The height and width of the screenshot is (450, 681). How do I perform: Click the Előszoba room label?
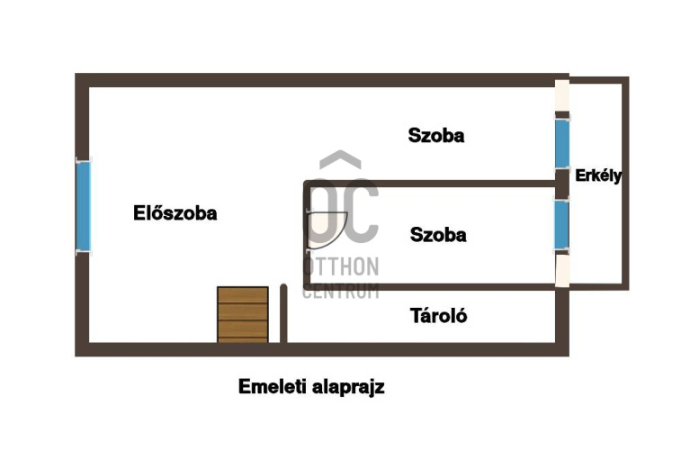tap(175, 214)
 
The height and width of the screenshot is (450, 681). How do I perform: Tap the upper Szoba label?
tap(436, 137)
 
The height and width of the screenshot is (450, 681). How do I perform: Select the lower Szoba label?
tap(438, 235)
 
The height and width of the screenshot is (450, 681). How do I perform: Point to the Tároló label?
tap(438, 316)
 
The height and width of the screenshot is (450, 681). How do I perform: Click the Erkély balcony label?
tap(598, 176)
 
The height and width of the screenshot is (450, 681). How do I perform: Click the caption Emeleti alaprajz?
tap(311, 387)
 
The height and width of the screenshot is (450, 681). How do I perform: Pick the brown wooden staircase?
tap(243, 314)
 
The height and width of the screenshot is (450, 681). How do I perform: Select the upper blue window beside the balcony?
tap(562, 142)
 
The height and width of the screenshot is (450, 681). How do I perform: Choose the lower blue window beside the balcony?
tap(561, 224)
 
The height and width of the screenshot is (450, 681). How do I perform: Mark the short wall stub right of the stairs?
tap(283, 313)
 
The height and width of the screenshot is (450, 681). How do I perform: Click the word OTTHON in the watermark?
tap(342, 267)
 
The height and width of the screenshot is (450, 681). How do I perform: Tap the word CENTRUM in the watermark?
tap(341, 291)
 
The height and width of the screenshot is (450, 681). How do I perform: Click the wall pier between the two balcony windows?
tap(562, 183)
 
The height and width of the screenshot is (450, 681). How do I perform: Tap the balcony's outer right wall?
tap(624, 184)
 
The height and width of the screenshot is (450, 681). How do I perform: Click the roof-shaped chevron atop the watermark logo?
tap(341, 160)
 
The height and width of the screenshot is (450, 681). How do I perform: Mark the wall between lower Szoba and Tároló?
tap(432, 286)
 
